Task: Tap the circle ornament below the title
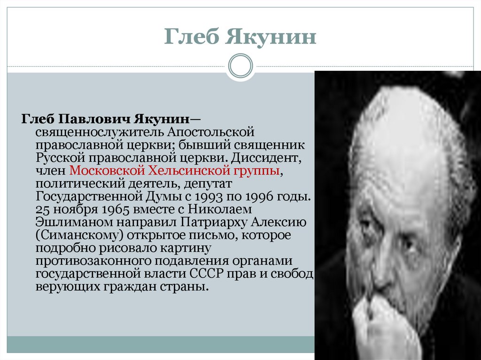(x=240, y=66)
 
